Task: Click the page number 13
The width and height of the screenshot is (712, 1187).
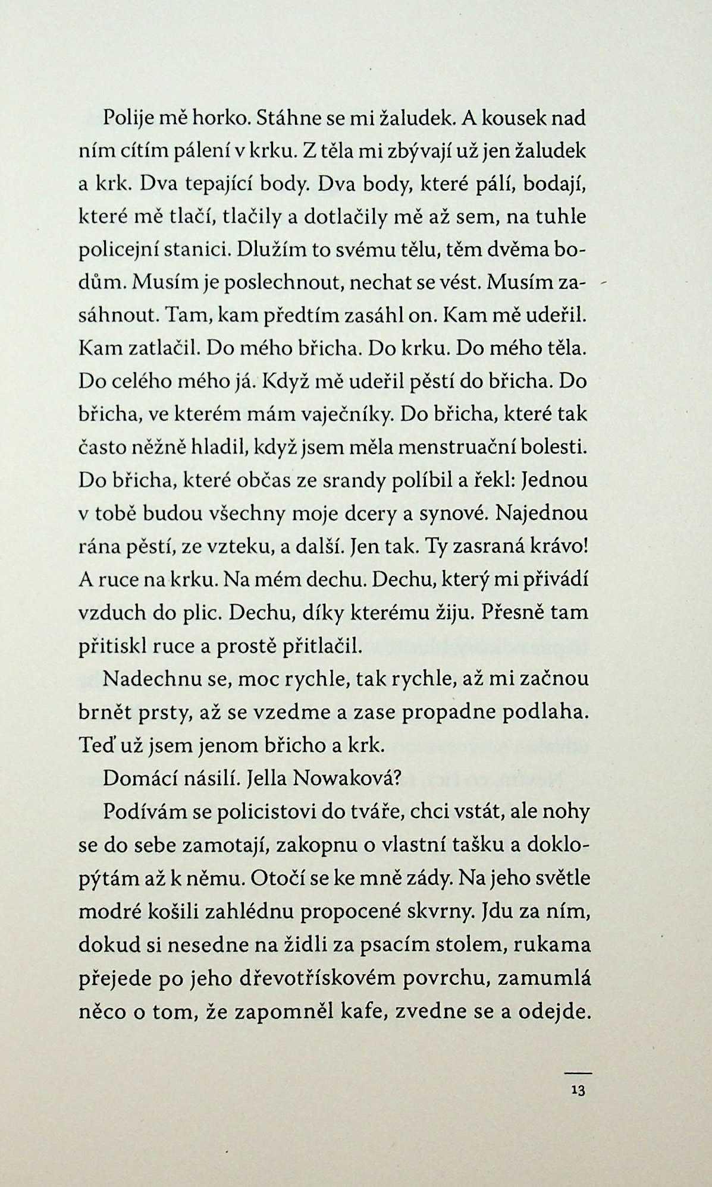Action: click(x=578, y=1091)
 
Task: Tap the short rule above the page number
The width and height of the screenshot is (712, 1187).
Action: click(x=578, y=1073)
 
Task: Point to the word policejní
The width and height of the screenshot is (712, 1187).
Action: click(x=114, y=250)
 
